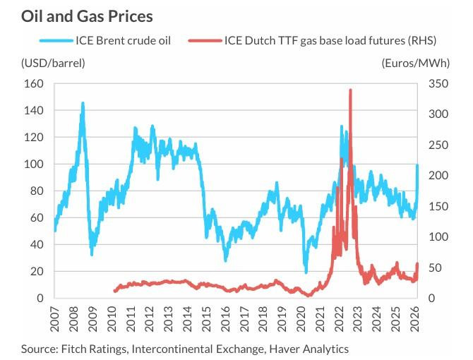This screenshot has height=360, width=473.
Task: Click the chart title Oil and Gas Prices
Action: pyautogui.click(x=86, y=15)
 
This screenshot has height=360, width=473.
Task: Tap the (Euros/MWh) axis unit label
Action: pyautogui.click(x=414, y=63)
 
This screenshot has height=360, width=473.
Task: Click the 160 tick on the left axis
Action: pyautogui.click(x=35, y=84)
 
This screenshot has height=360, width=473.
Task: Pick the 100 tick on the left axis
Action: pyautogui.click(x=35, y=164)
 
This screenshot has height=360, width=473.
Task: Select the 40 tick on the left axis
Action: pyautogui.click(x=37, y=245)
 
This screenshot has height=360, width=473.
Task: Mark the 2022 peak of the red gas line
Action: pyautogui.click(x=350, y=90)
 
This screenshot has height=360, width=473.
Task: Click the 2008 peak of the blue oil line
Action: pyautogui.click(x=83, y=103)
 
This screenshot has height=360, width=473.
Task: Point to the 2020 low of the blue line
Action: pyautogui.click(x=306, y=272)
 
